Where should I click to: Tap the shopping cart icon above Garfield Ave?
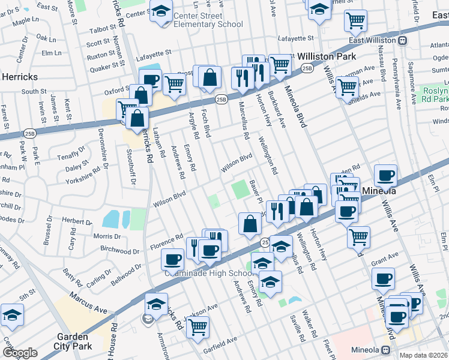[x=197, y=328]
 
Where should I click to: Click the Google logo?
[x=20, y=353]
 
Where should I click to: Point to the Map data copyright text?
[x=424, y=355]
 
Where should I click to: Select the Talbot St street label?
[x=101, y=29]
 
